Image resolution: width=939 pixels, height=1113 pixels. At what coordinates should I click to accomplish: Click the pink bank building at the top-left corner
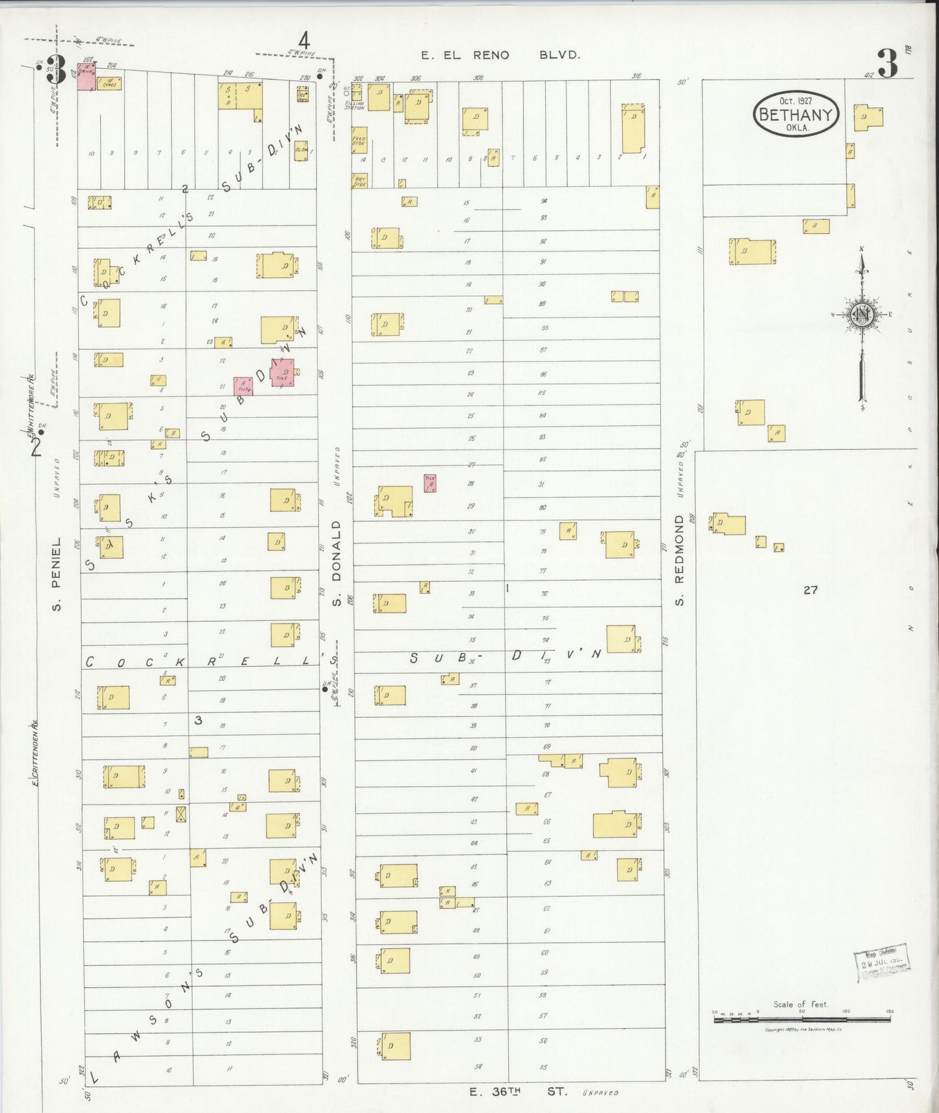pyautogui.click(x=86, y=77)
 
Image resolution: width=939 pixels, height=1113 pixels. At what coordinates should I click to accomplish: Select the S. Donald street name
pyautogui.click(x=336, y=563)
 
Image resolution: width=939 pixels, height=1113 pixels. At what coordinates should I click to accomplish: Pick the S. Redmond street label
pyautogui.click(x=679, y=560)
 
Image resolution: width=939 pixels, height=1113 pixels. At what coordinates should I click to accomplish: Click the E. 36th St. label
pyautogui.click(x=518, y=1092)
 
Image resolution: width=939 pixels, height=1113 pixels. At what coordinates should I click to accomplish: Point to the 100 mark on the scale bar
pyautogui.click(x=845, y=1012)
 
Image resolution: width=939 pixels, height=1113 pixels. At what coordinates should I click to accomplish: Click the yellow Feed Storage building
pyautogui.click(x=359, y=140)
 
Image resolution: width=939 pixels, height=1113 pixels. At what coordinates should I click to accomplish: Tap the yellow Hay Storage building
pyautogui.click(x=359, y=181)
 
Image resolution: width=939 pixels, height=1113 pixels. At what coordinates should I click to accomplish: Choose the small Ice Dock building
pyautogui.click(x=302, y=94)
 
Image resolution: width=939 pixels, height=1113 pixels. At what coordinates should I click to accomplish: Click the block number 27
pyautogui.click(x=810, y=590)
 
